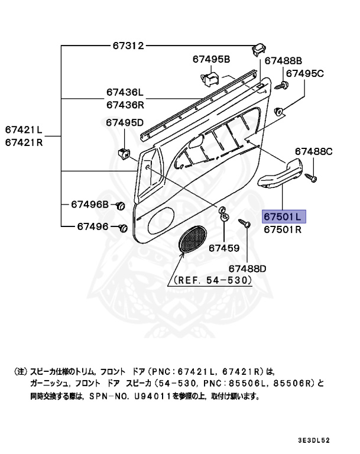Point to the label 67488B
click(283, 60)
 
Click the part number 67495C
click(306, 73)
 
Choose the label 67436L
click(125, 93)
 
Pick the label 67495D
click(125, 123)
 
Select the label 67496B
click(90, 205)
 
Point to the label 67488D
click(248, 268)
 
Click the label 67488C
click(314, 152)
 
